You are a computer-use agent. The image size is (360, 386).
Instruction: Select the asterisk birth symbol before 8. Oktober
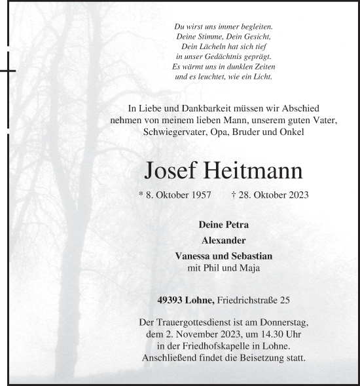pyautogui.click(x=141, y=195)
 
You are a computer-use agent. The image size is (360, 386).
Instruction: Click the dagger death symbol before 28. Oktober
pyautogui.click(x=234, y=195)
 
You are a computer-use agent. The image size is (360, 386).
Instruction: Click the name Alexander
pyautogui.click(x=224, y=240)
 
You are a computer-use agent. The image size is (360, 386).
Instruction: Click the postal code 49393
pyautogui.click(x=171, y=300)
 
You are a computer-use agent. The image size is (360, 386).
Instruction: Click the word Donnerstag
pyautogui.click(x=279, y=322)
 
